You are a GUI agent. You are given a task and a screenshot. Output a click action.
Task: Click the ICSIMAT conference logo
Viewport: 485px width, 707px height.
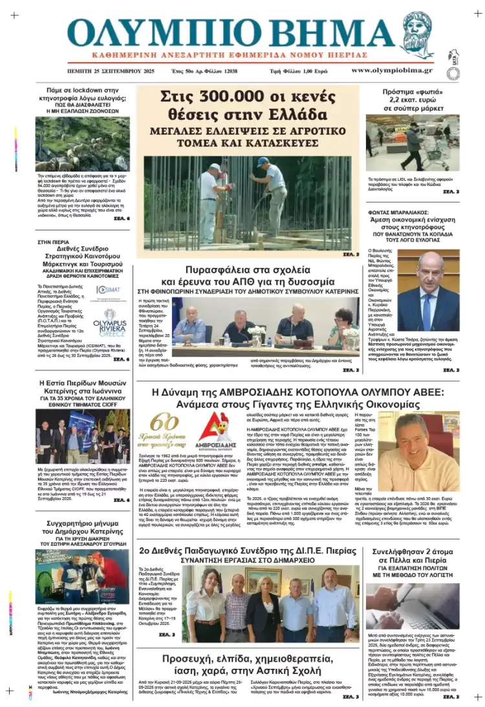tap(107, 290)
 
